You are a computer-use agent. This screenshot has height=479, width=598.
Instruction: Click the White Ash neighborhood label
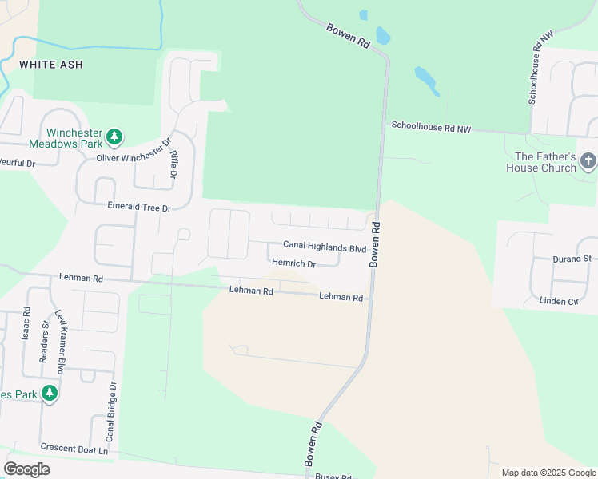(x=50, y=64)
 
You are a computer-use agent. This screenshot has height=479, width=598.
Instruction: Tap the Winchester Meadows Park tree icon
(x=114, y=137)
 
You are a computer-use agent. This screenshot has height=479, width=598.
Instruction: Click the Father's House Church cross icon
(x=588, y=162)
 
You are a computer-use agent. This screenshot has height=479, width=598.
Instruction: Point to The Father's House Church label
(x=546, y=162)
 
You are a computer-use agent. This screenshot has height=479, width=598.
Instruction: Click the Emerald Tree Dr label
(x=140, y=208)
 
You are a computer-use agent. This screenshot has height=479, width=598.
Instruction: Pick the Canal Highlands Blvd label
(x=325, y=248)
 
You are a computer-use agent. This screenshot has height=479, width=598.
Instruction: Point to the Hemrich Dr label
(x=293, y=263)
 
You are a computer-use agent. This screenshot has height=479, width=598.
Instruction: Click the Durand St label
(x=572, y=259)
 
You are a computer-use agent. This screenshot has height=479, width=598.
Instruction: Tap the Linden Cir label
(x=560, y=301)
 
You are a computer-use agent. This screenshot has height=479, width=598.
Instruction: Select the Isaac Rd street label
(x=26, y=323)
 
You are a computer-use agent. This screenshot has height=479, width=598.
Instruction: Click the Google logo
(x=27, y=469)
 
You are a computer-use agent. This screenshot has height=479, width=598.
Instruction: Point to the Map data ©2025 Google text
(x=548, y=473)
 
